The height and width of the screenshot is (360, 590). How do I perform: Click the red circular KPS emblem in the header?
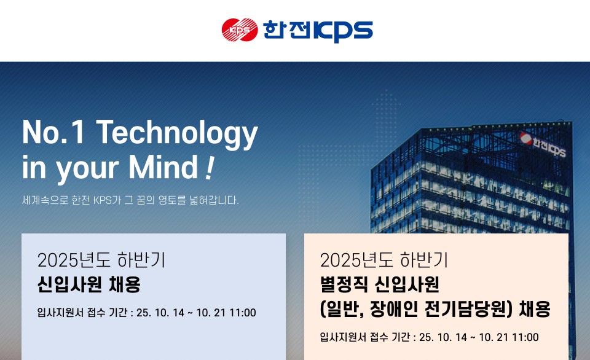(x=240, y=29)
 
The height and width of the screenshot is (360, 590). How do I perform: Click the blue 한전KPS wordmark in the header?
(x=318, y=31)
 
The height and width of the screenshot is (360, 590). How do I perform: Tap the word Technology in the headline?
(x=177, y=133)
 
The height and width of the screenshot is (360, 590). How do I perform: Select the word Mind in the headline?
(x=163, y=166)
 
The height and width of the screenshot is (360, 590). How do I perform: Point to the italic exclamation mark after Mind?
(x=210, y=168)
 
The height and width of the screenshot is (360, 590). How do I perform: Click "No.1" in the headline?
(x=53, y=131)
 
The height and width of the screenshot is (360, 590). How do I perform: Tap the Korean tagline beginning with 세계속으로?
(x=130, y=200)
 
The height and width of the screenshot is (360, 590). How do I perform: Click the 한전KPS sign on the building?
(x=543, y=144)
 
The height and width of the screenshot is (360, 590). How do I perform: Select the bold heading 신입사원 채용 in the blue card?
(x=88, y=284)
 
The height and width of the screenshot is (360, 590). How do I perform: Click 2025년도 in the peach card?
(x=356, y=260)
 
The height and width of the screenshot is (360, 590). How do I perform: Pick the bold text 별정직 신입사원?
(x=379, y=284)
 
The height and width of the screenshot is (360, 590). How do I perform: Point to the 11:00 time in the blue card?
(x=243, y=313)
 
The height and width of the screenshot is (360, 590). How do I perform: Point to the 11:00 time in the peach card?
(x=525, y=337)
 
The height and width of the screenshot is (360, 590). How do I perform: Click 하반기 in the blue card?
(x=141, y=260)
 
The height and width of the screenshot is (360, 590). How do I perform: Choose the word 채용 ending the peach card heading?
(x=535, y=309)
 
